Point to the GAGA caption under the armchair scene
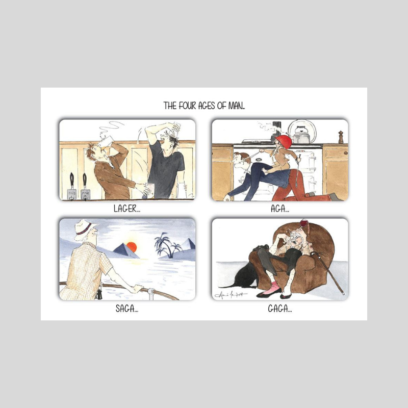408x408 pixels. [x=279, y=308]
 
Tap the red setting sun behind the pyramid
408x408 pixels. [x=132, y=247]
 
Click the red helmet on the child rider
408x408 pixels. [x=284, y=141]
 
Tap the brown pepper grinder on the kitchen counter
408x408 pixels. [x=341, y=137]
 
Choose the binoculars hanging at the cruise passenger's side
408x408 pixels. [x=98, y=293]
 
